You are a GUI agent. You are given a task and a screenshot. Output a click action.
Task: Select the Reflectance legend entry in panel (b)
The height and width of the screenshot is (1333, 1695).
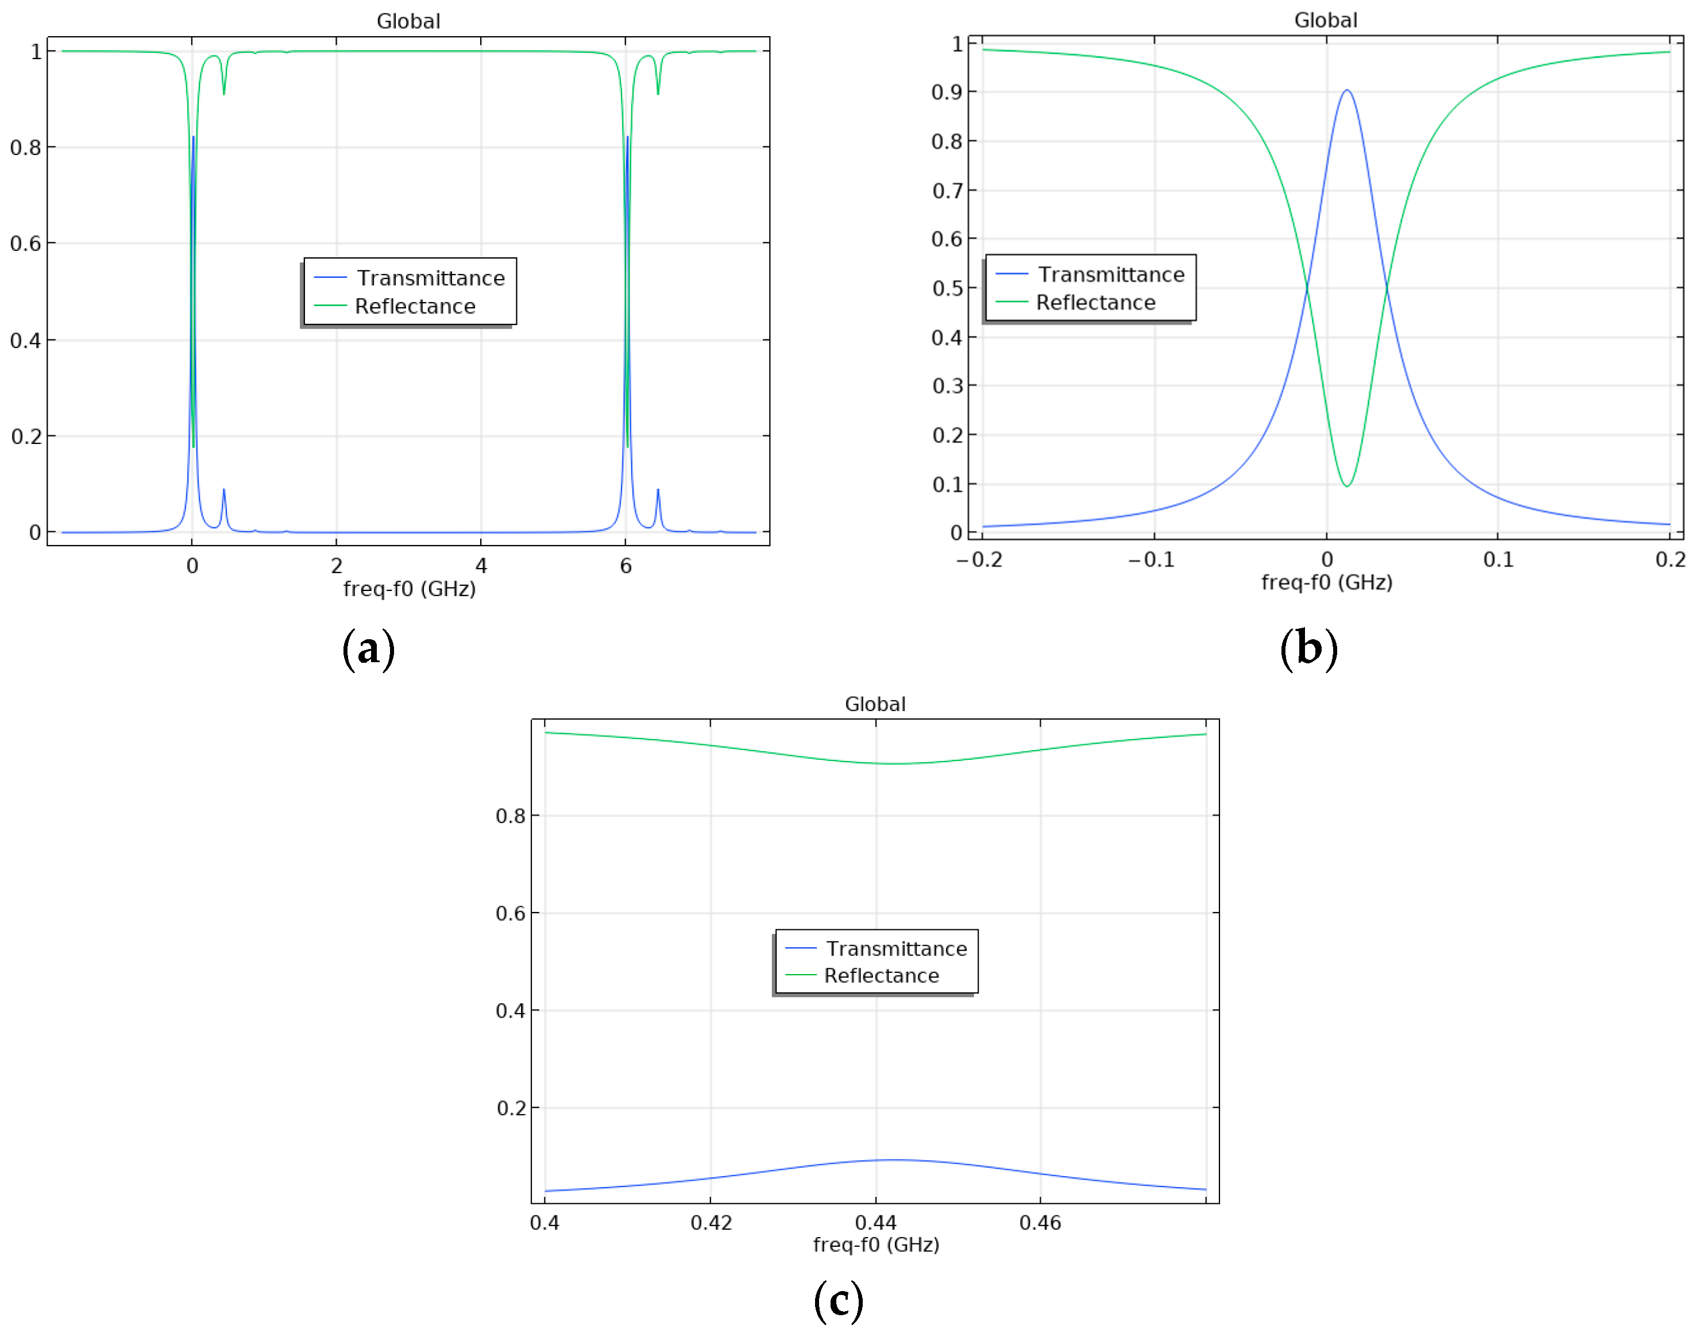(x=1095, y=303)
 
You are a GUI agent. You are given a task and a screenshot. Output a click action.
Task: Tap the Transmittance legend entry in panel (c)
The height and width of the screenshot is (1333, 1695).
(x=896, y=948)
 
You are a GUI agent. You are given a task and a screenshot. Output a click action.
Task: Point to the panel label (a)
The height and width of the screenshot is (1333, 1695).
(x=368, y=650)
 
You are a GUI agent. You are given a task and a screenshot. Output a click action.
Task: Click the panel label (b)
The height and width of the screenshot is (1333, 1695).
(x=1308, y=650)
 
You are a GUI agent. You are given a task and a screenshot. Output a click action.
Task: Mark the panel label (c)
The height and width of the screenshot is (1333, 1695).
(x=838, y=1300)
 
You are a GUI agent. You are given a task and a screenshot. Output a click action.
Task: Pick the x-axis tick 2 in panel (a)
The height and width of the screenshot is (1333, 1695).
(x=337, y=566)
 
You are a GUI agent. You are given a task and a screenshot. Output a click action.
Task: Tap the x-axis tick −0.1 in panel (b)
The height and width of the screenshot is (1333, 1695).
(x=1152, y=559)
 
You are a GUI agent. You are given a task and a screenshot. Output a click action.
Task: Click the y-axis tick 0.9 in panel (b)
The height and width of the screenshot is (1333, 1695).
(x=947, y=92)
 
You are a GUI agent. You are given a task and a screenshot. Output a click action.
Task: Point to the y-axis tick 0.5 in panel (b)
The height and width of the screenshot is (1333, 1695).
(x=947, y=288)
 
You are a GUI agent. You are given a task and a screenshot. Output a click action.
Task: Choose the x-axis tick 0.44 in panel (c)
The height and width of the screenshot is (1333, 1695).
(x=875, y=1222)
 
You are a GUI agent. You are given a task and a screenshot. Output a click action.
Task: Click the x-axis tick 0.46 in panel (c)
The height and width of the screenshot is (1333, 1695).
(x=1040, y=1222)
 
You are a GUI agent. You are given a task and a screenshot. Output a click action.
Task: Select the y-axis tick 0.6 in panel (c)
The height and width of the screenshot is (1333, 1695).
(x=511, y=913)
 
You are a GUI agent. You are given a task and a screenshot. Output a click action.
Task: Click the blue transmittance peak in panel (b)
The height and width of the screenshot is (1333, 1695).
(x=1346, y=91)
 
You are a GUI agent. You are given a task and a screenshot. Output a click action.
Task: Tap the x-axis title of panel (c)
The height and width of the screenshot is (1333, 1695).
(x=875, y=1244)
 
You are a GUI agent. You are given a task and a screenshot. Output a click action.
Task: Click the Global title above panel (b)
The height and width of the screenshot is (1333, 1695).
(x=1325, y=20)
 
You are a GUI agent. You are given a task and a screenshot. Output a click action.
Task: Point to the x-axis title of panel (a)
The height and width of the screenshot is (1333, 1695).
(x=409, y=589)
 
